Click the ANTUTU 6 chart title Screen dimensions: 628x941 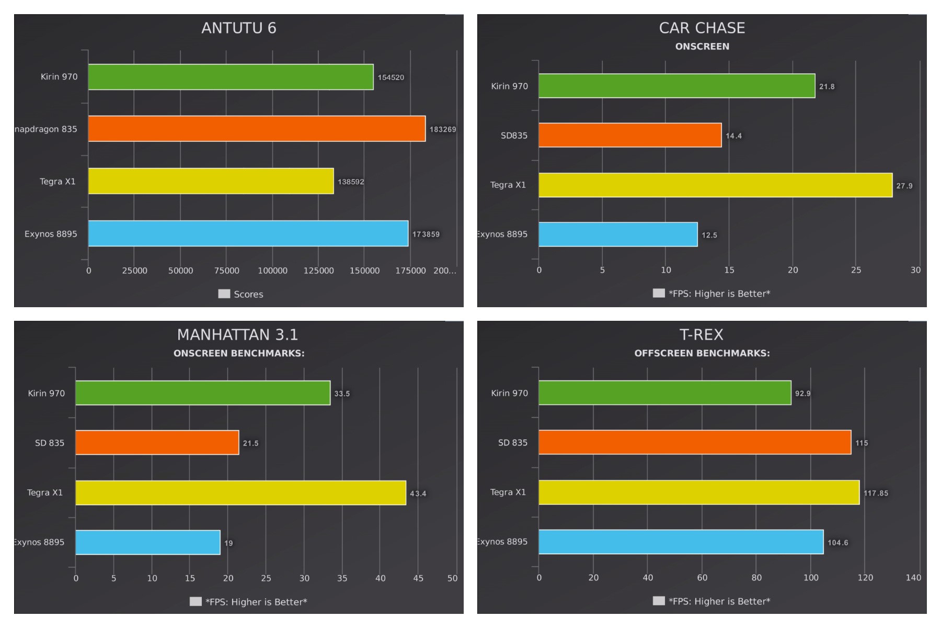click(x=239, y=28)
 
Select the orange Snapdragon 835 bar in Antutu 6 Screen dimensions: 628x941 click(x=257, y=129)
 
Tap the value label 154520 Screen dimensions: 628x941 click(x=391, y=77)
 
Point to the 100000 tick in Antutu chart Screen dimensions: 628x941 click(x=272, y=271)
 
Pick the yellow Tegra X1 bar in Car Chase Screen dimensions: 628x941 click(x=715, y=185)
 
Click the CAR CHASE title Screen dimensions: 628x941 click(x=702, y=28)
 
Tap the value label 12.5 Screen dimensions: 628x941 click(x=709, y=235)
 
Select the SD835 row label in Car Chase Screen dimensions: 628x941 click(x=514, y=136)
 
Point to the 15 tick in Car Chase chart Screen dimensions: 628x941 click(x=729, y=270)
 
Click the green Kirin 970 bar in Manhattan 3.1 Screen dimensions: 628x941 click(x=203, y=393)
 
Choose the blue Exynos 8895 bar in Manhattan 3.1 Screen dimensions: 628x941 click(x=148, y=542)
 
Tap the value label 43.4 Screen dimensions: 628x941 click(x=418, y=494)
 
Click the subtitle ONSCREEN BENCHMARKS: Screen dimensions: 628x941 click(x=239, y=353)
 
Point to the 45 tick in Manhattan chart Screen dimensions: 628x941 click(x=418, y=578)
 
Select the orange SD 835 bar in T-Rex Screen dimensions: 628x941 click(x=695, y=442)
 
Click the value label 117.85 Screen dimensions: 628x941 click(x=876, y=493)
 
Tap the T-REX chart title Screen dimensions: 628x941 click(x=701, y=334)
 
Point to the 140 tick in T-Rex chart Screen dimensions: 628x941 click(x=913, y=578)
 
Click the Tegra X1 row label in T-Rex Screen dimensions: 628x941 click(x=508, y=492)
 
